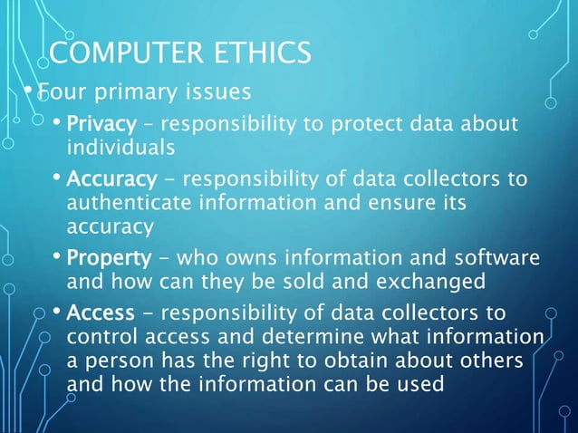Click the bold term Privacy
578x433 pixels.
101,123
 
